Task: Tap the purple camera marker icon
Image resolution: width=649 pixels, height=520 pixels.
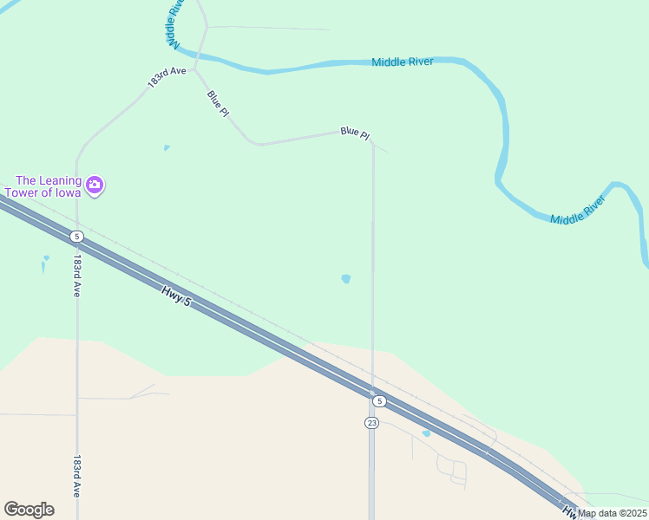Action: coord(95,185)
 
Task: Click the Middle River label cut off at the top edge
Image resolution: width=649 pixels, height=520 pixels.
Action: coord(174,23)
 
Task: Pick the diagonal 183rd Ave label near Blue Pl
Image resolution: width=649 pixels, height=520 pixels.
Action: coord(167,77)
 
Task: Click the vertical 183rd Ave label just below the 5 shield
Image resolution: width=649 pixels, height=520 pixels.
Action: coord(76,276)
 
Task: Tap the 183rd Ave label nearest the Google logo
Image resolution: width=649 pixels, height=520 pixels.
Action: coord(76,476)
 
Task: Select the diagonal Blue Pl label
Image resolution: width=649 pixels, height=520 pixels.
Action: coord(218,103)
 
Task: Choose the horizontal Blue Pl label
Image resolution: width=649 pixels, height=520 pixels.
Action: coord(355,133)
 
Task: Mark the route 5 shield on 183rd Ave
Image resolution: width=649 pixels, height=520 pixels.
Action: coord(77,237)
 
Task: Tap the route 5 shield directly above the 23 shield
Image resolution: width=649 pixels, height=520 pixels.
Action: coord(378,401)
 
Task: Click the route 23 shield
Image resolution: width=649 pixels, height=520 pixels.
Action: coord(371,423)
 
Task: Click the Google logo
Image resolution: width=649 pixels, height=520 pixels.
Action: coord(29,510)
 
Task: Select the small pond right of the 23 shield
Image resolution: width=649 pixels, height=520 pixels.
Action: coord(426,433)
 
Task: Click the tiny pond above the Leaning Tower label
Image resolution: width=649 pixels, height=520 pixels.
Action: coord(167,147)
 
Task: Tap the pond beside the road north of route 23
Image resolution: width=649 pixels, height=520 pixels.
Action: coord(346,279)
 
